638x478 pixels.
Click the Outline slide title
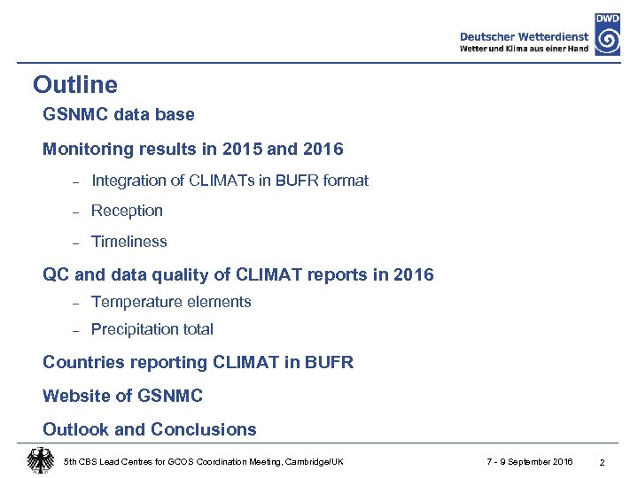click(x=74, y=85)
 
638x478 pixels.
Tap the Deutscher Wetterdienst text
click(x=525, y=36)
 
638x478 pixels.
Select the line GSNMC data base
click(x=118, y=115)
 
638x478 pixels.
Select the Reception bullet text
click(x=127, y=211)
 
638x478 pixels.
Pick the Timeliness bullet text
click(x=128, y=242)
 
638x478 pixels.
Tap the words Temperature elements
click(x=171, y=302)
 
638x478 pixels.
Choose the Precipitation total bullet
click(x=152, y=329)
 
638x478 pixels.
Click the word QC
click(x=56, y=275)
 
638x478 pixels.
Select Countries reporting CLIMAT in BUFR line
click(x=198, y=363)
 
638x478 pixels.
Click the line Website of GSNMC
click(x=122, y=396)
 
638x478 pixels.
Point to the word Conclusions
click(x=203, y=430)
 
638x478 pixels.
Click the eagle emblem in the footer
click(x=40, y=461)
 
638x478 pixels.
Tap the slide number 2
click(x=602, y=463)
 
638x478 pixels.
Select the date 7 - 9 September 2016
click(x=530, y=462)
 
